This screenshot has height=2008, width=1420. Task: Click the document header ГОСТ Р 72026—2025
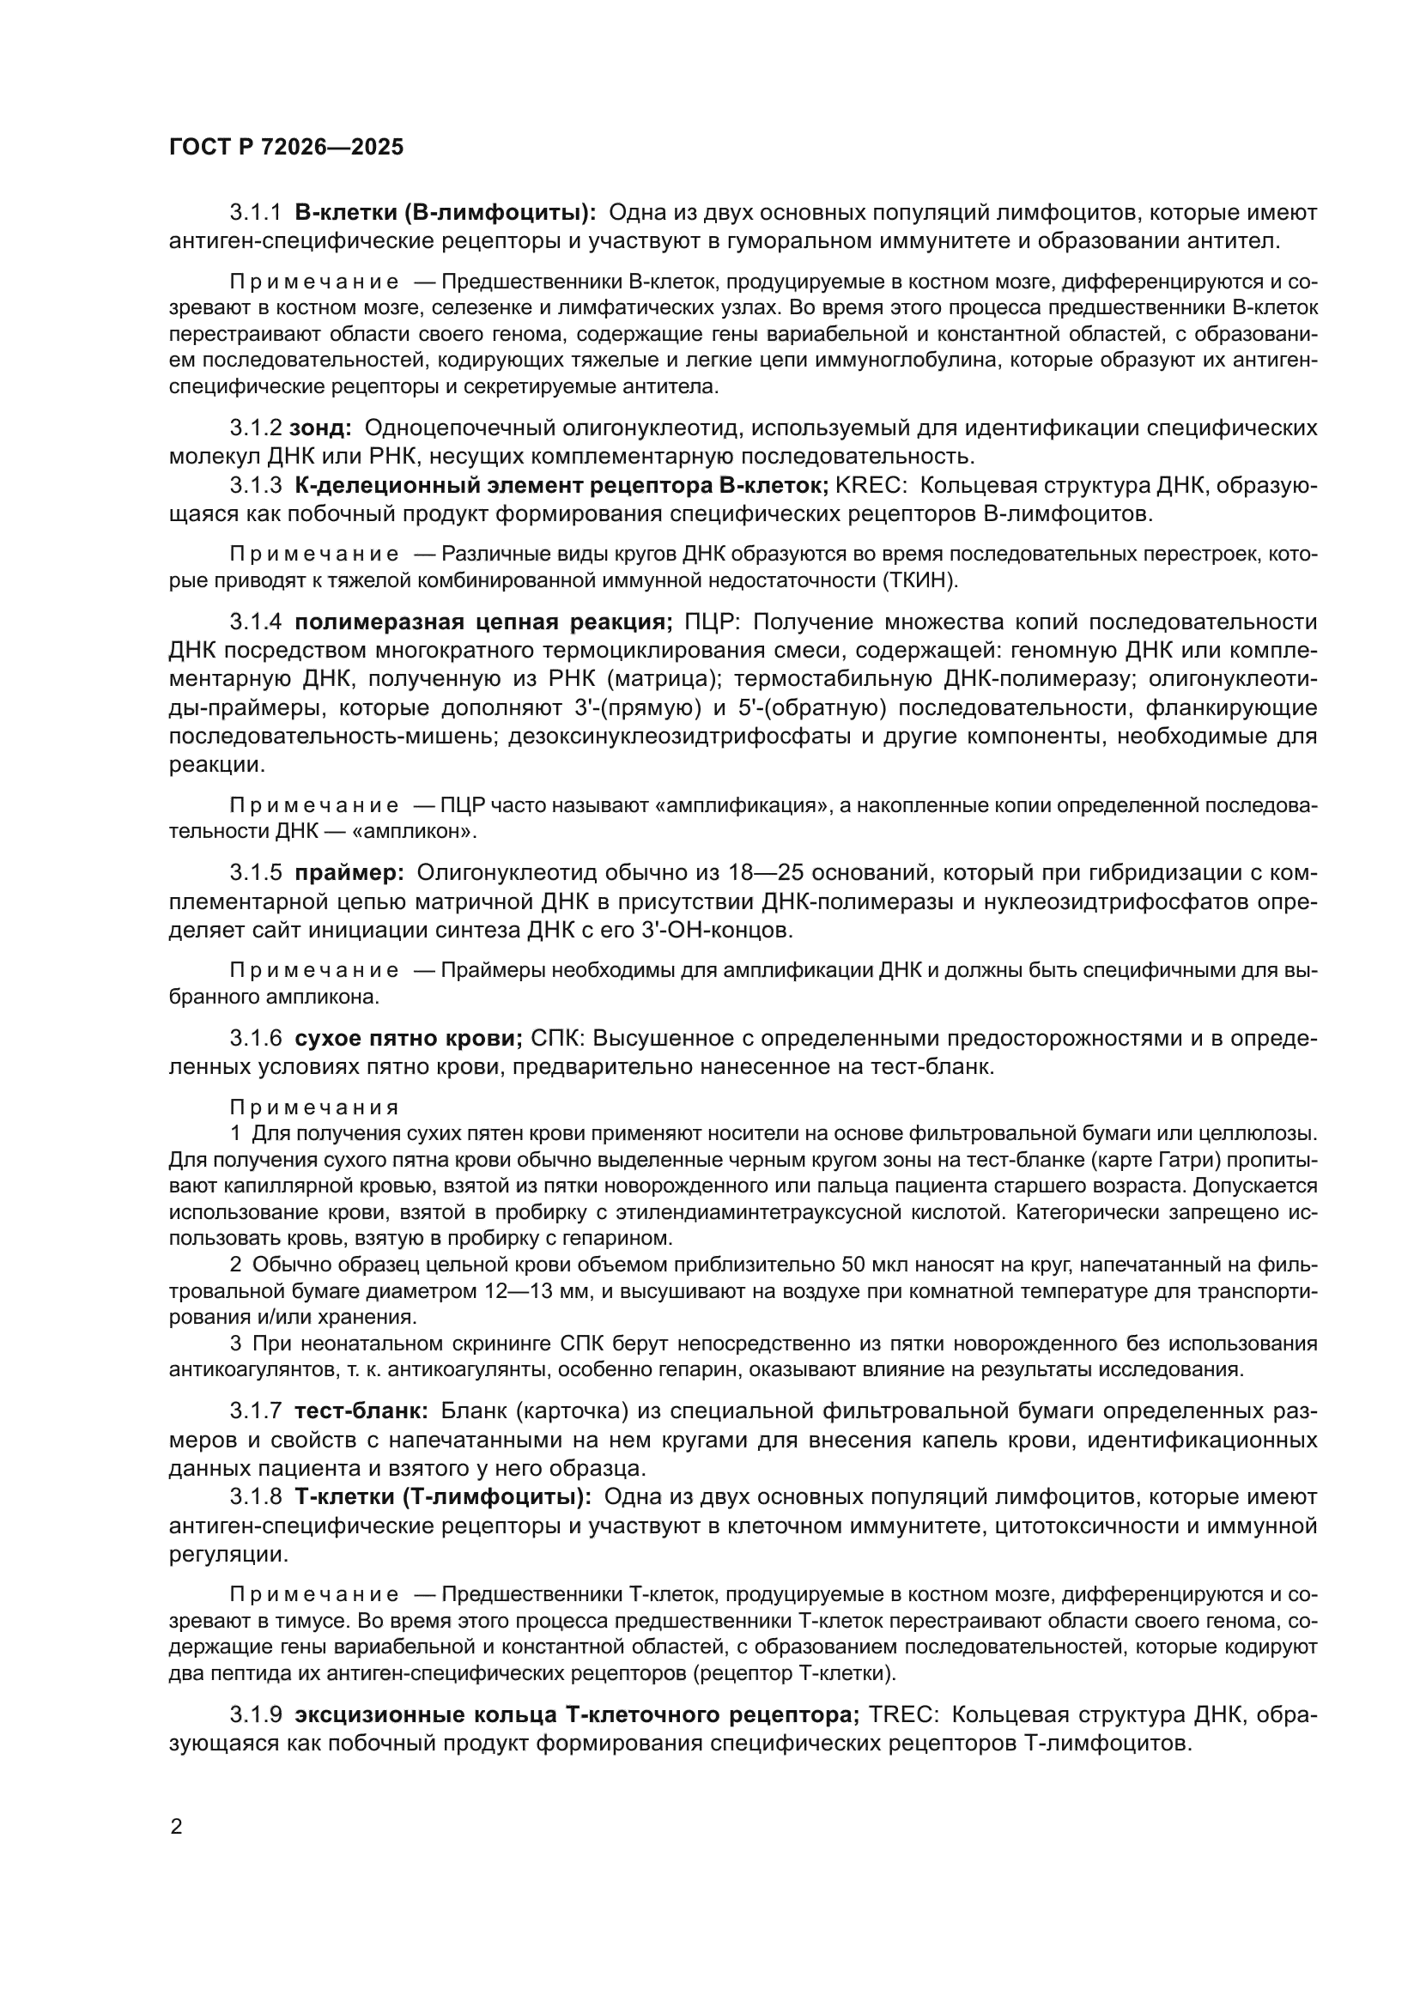[x=286, y=147]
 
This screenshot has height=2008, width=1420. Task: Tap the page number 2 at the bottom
[x=177, y=1827]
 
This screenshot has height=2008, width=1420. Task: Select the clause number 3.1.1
[x=255, y=213]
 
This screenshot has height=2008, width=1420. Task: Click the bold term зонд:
[x=320, y=428]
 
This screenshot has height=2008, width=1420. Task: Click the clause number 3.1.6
[x=255, y=1038]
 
